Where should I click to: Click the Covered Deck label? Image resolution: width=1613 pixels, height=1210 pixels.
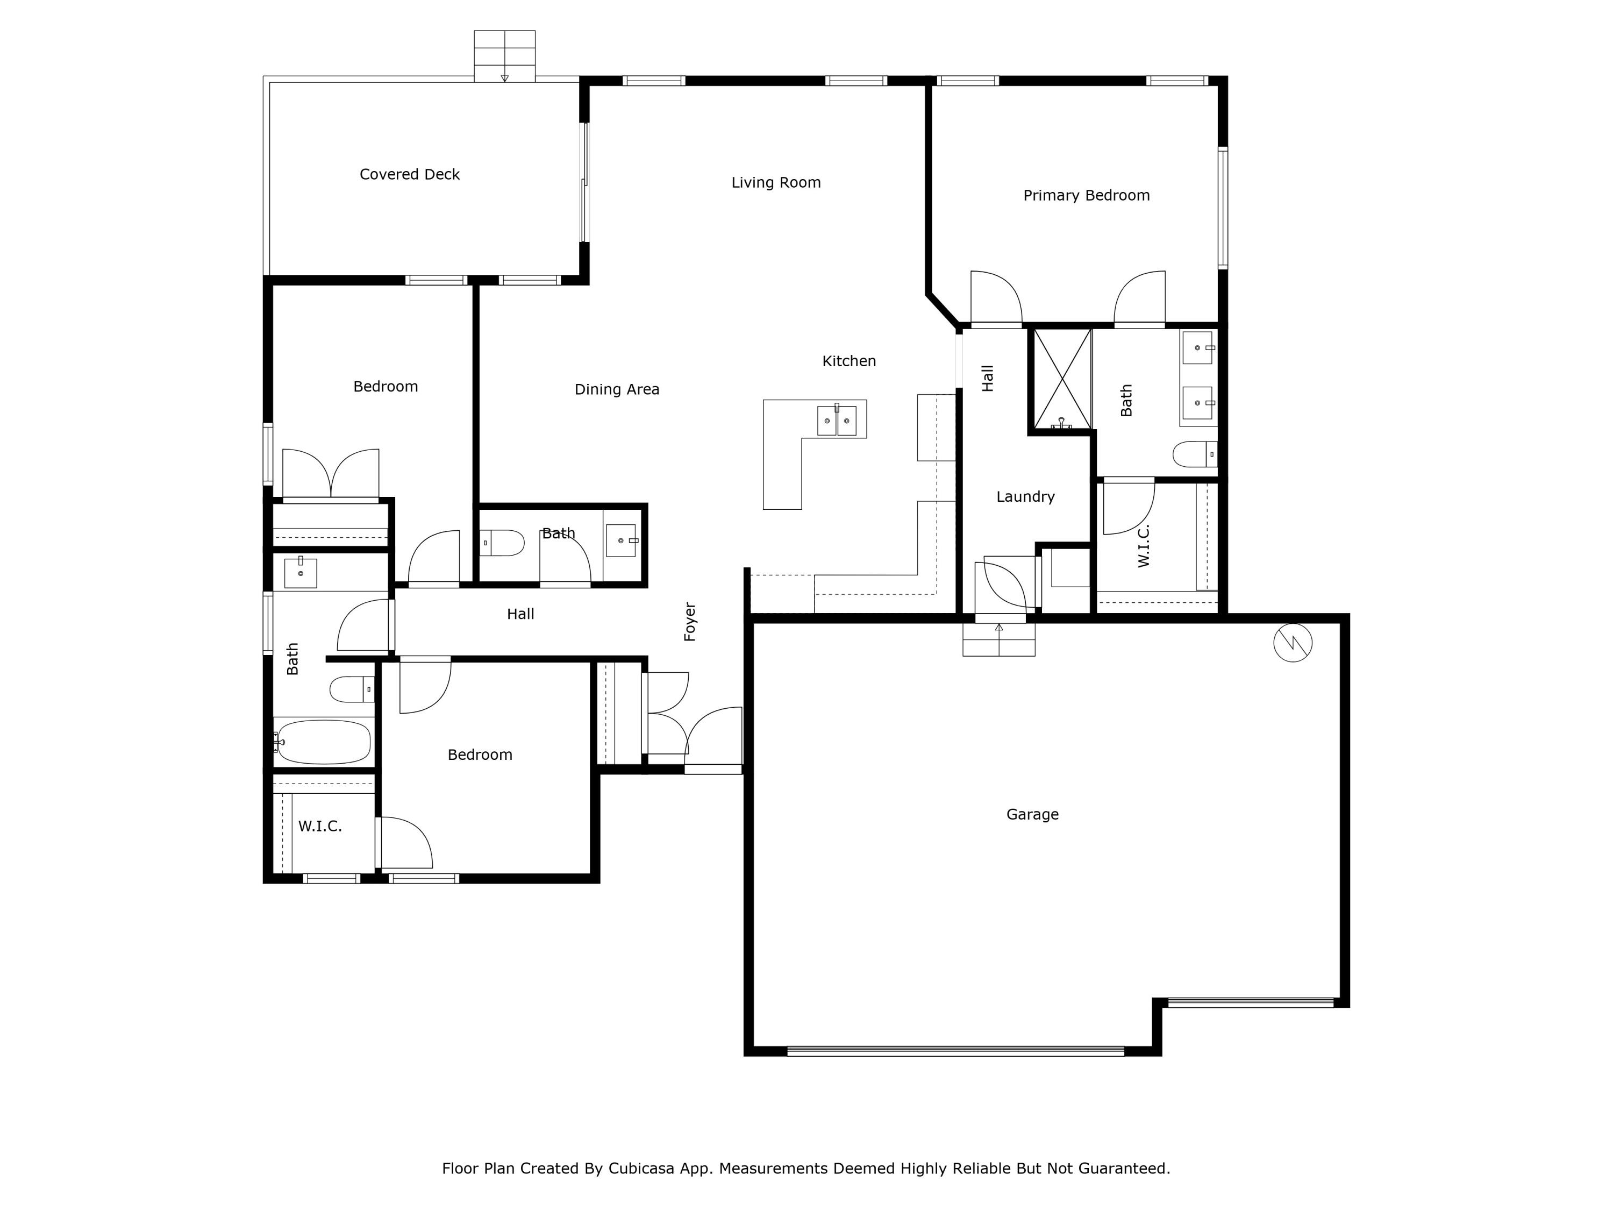[409, 174]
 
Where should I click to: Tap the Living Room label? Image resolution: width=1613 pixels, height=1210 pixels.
[776, 182]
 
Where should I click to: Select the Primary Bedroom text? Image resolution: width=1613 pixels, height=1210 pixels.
[1087, 195]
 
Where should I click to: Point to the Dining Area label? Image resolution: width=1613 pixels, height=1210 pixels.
[617, 389]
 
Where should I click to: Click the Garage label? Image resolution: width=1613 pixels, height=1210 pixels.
[1032, 814]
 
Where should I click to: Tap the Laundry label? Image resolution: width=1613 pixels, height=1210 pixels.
[1025, 497]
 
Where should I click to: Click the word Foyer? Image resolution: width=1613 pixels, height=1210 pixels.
[690, 622]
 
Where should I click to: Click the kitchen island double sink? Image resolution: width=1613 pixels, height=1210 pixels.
[837, 421]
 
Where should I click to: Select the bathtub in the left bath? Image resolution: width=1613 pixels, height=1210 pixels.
[324, 742]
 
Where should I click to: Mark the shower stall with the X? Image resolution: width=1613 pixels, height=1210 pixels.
[1063, 379]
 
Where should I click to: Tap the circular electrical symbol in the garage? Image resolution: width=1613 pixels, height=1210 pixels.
[1293, 643]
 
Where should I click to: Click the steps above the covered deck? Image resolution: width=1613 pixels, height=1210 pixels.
[505, 56]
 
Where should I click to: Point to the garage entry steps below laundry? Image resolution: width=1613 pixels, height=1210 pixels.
[999, 639]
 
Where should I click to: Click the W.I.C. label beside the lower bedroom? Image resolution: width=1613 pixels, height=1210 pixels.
[320, 827]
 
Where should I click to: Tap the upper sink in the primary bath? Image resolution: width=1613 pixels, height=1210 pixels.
[1197, 348]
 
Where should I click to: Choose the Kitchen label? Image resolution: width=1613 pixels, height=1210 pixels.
[849, 361]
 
